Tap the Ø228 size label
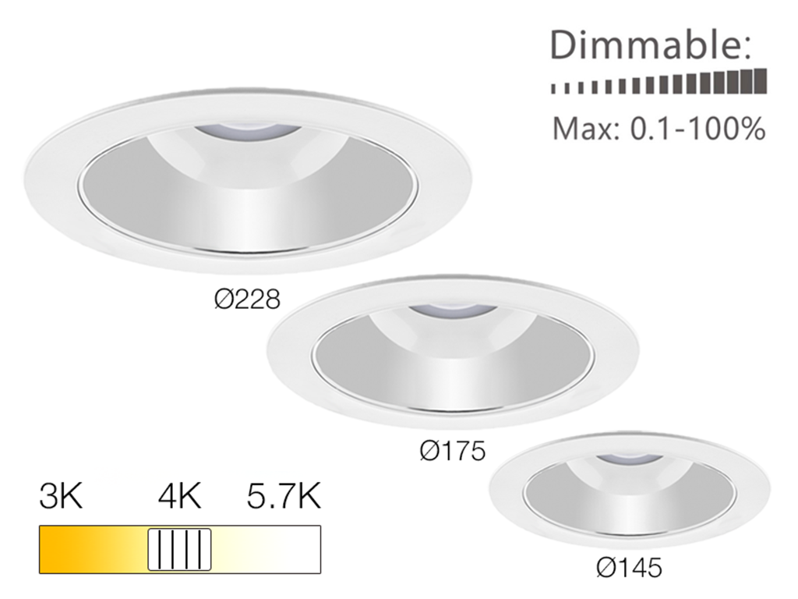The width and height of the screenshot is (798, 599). click(247, 299)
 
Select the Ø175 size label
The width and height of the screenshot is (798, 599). click(452, 451)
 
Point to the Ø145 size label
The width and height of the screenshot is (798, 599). click(628, 568)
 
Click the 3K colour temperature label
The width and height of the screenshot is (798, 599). click(60, 497)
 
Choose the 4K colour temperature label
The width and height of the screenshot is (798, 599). click(178, 497)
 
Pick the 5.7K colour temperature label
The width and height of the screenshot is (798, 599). click(284, 497)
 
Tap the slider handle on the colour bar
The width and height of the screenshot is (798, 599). click(180, 549)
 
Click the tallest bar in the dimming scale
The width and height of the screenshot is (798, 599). click(761, 81)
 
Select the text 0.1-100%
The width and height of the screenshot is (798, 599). click(697, 129)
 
